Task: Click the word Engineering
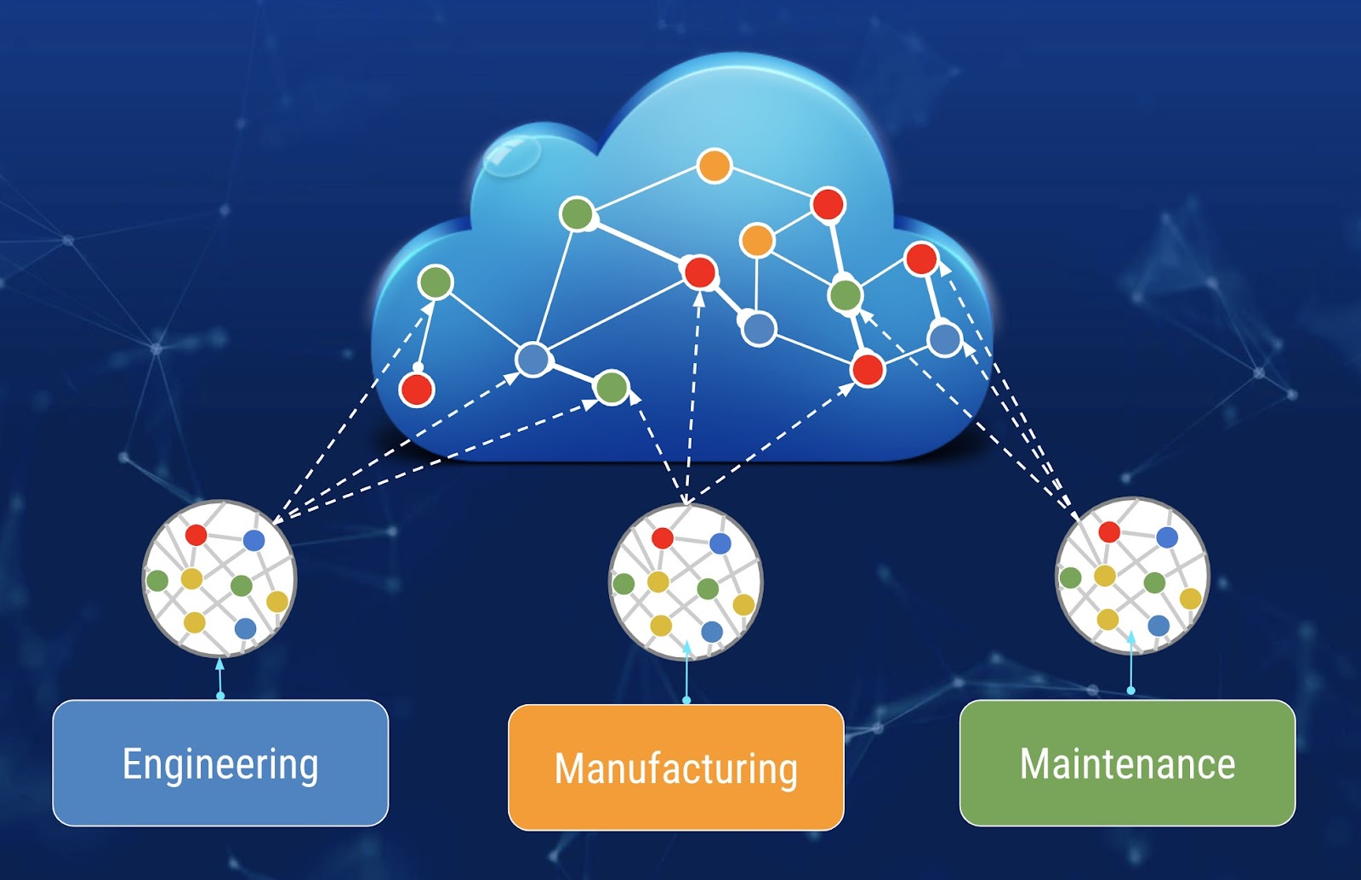(220, 764)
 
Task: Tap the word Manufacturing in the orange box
(675, 768)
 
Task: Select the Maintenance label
(1127, 764)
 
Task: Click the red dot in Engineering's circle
(196, 535)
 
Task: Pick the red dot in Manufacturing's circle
(663, 537)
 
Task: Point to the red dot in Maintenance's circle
(1109, 531)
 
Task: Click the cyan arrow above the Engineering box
(220, 678)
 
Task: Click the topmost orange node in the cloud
(715, 166)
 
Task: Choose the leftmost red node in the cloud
(417, 389)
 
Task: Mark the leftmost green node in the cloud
(436, 282)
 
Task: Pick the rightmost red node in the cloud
(921, 258)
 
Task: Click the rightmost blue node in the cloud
(944, 339)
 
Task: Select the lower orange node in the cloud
(756, 241)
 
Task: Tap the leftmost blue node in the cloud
(533, 360)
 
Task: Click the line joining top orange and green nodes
(646, 189)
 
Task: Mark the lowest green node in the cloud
(611, 388)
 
